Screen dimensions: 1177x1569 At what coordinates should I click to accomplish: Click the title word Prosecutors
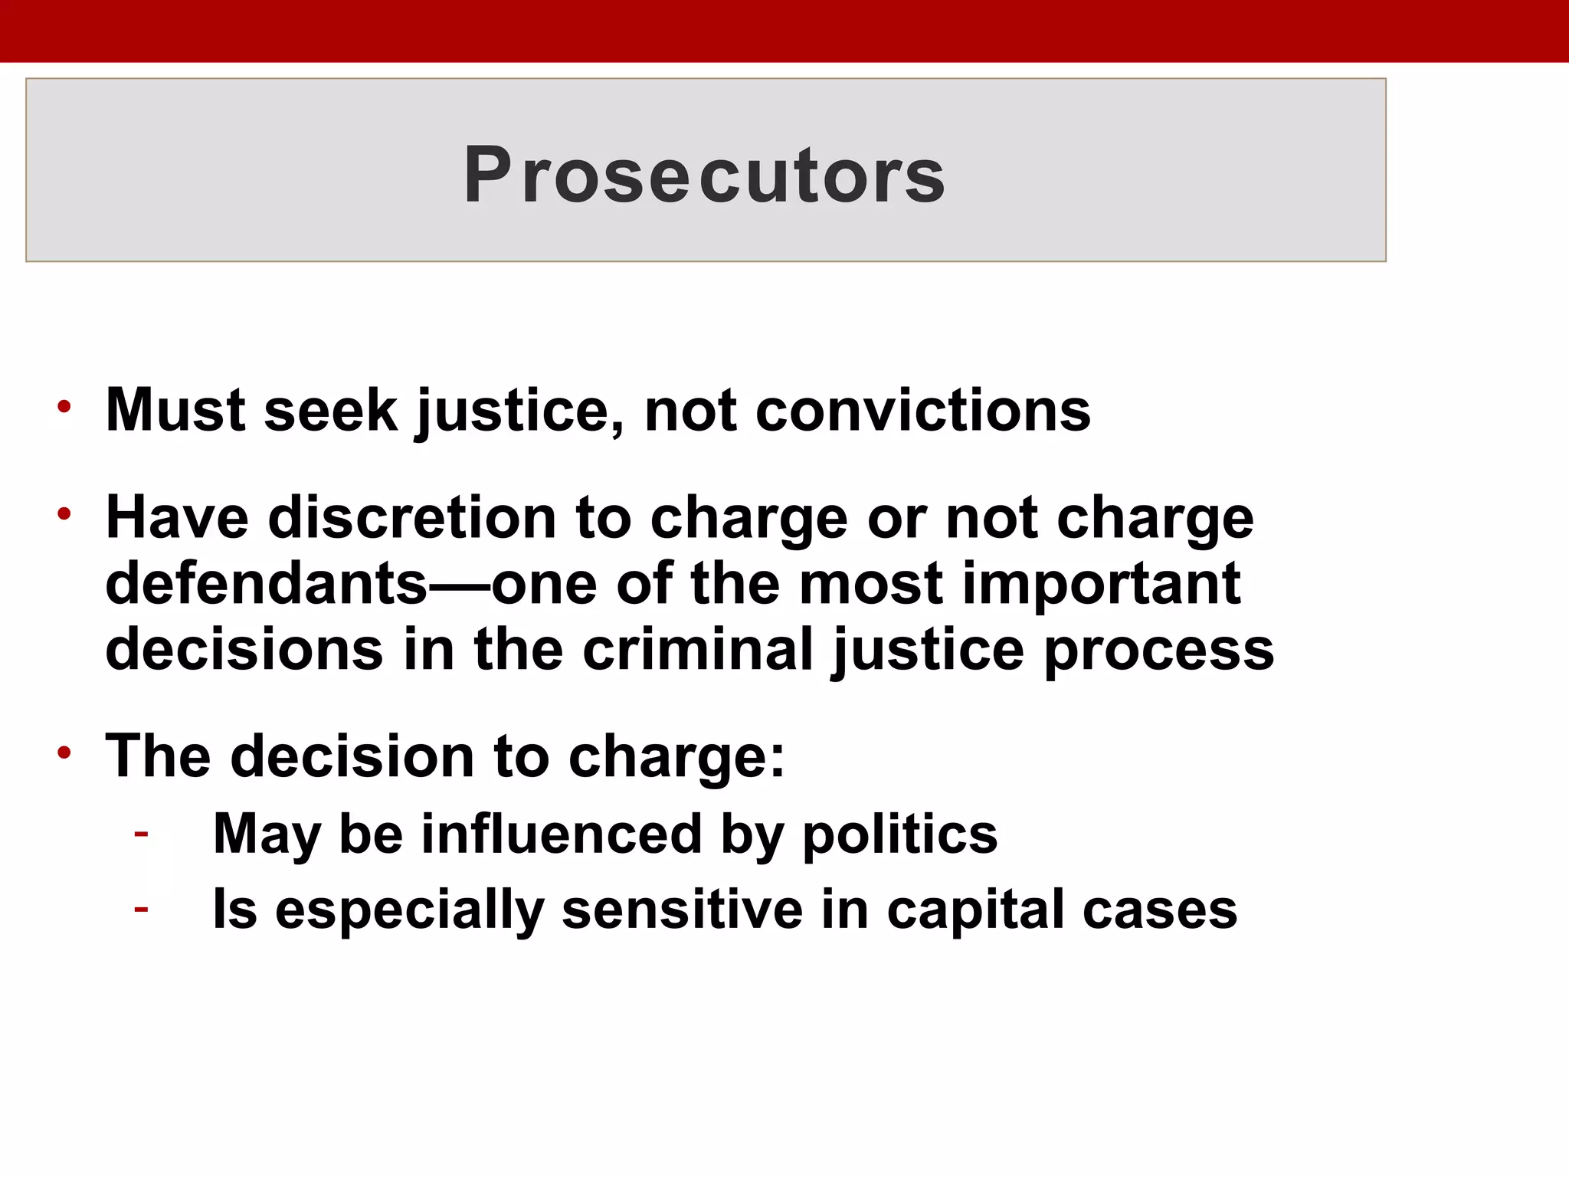[x=704, y=175]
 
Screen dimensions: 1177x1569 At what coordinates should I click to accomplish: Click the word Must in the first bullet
[x=175, y=411]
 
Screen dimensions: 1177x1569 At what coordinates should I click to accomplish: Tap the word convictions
[x=922, y=411]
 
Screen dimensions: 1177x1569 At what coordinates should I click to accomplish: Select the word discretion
[x=412, y=518]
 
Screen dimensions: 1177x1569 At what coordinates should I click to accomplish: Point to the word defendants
[x=266, y=584]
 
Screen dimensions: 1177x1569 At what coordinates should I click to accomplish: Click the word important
[x=1101, y=584]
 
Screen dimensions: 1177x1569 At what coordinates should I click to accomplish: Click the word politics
[x=899, y=834]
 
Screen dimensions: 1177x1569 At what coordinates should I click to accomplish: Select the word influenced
[x=561, y=834]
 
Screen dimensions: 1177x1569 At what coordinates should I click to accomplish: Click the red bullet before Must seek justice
[x=64, y=407]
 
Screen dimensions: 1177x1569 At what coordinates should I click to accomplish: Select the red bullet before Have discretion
[x=64, y=514]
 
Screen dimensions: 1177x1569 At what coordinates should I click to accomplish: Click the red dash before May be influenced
[x=141, y=833]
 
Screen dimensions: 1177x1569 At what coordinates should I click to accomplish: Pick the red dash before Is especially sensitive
[x=141, y=910]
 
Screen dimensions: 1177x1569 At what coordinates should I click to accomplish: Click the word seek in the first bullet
[x=330, y=411]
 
